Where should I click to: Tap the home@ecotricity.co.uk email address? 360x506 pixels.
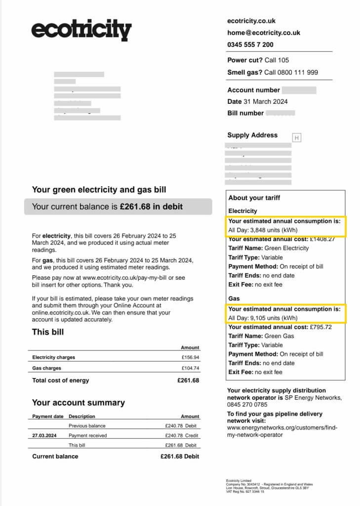coord(263,33)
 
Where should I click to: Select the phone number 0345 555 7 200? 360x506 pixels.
coord(250,44)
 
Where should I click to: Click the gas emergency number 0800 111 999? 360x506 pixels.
coord(291,72)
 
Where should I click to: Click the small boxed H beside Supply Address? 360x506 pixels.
coord(296,138)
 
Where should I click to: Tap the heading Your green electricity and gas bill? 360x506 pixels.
coord(99,190)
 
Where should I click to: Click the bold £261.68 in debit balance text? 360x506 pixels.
coord(151,207)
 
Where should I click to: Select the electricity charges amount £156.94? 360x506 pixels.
coord(190,357)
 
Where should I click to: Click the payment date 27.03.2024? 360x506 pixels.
coord(44,435)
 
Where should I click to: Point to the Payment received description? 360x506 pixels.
coord(87,435)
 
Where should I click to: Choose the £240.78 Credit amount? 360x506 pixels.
coord(181,435)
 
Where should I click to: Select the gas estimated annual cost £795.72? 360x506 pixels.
coord(319,327)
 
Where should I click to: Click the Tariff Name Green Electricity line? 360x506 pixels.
coord(269,248)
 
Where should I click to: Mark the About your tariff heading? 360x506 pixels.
coord(254,198)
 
